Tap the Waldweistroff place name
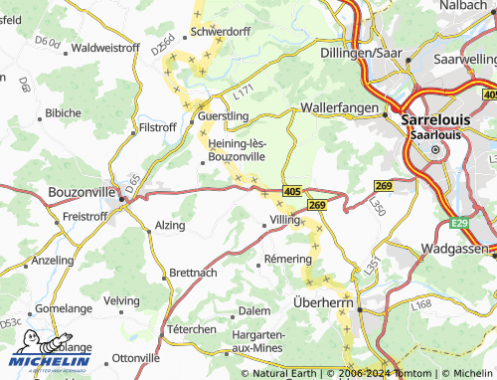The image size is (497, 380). [x=104, y=47]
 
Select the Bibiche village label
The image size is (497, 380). [x=63, y=112]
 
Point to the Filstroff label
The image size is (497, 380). [x=157, y=127]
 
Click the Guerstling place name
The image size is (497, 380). [x=224, y=115]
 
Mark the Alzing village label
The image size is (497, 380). [x=170, y=226]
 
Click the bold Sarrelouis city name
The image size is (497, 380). [x=441, y=118]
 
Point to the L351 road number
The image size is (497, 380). [x=371, y=266]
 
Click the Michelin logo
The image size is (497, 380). [x=51, y=352]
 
